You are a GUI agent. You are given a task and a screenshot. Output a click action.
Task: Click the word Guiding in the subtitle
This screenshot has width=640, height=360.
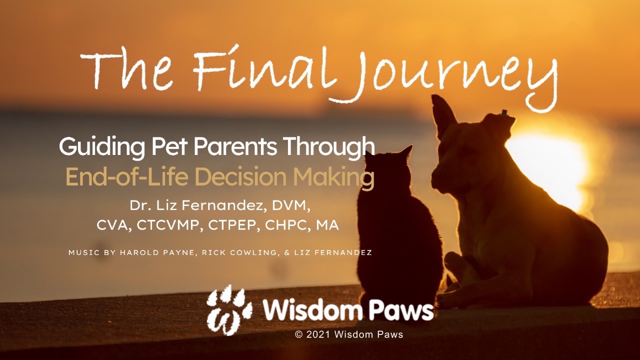[101, 147]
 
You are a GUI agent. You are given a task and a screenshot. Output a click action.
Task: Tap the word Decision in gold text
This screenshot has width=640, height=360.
[241, 176]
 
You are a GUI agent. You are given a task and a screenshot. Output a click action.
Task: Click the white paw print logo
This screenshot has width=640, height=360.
[229, 310]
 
